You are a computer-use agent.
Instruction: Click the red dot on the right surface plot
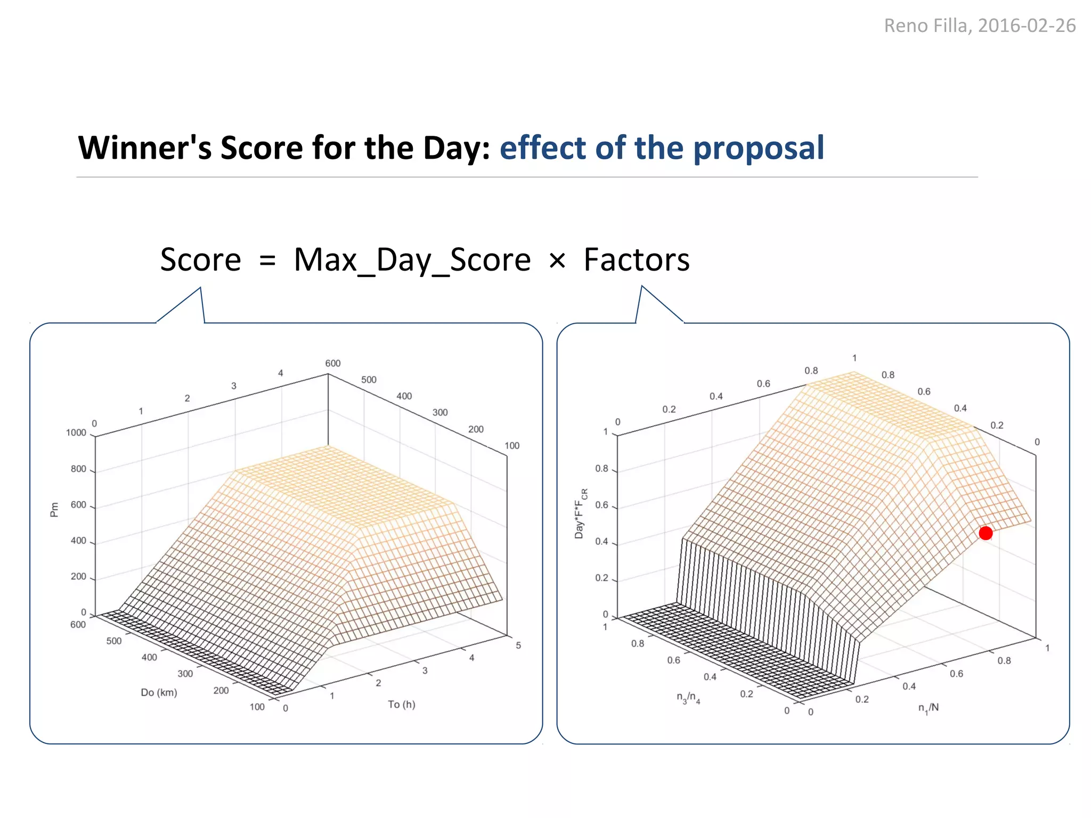pyautogui.click(x=986, y=533)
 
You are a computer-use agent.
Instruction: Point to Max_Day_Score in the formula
pyautogui.click(x=412, y=260)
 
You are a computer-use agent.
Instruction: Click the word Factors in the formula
pyautogui.click(x=636, y=260)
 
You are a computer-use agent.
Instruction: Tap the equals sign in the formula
pyautogui.click(x=267, y=261)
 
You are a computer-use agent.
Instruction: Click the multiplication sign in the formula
pyautogui.click(x=557, y=261)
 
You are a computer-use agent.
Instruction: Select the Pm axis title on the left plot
pyautogui.click(x=54, y=510)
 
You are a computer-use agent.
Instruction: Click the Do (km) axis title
pyautogui.click(x=159, y=692)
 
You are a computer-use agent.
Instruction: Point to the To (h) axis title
pyautogui.click(x=401, y=705)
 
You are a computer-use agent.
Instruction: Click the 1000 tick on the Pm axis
pyautogui.click(x=76, y=433)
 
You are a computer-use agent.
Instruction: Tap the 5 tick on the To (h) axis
pyautogui.click(x=518, y=645)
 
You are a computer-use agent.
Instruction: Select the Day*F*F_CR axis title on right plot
pyautogui.click(x=580, y=513)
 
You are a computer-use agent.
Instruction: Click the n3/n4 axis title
pyautogui.click(x=688, y=698)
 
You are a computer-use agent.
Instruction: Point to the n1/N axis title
pyautogui.click(x=928, y=708)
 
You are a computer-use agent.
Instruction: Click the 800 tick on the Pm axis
pyautogui.click(x=78, y=469)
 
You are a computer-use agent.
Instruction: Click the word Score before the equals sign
pyautogui.click(x=200, y=260)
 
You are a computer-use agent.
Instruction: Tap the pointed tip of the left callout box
pyautogui.click(x=200, y=289)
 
